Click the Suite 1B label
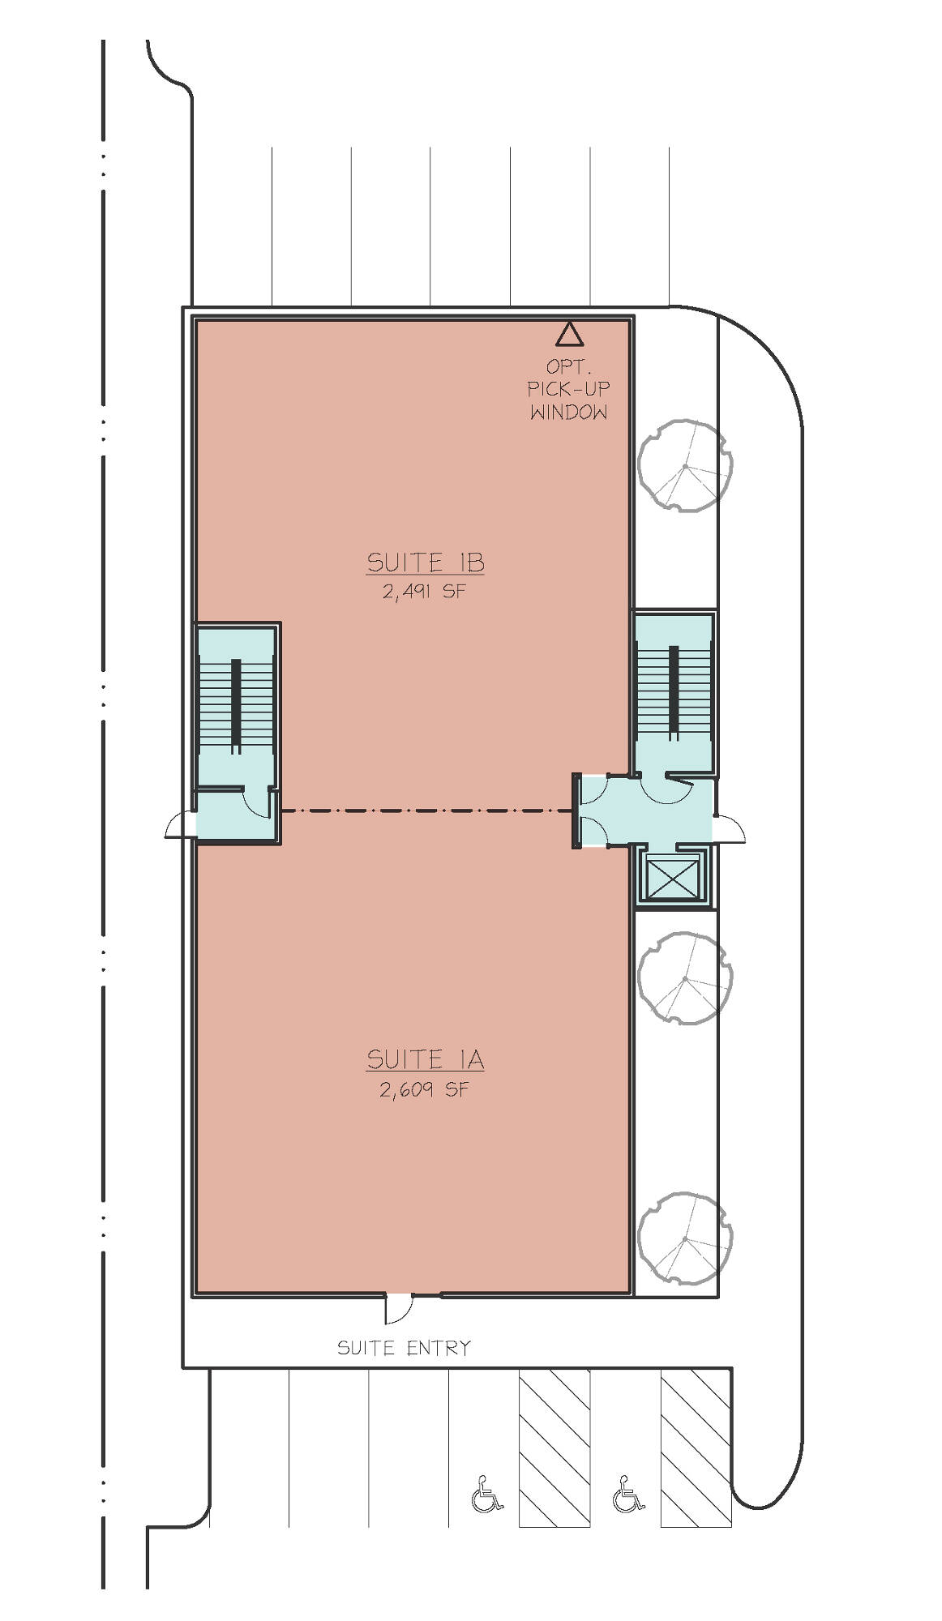426,562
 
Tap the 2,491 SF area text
425,591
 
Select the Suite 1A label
425,1059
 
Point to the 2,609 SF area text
425,1089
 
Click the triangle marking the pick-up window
569,334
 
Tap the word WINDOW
568,412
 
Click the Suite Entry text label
404,1348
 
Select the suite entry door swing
398,1307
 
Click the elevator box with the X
672,877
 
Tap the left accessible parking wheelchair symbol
486,1494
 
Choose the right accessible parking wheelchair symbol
628,1494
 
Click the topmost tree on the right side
685,465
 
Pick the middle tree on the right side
685,978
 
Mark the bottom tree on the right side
685,1238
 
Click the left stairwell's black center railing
236,707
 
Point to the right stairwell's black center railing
673,692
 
